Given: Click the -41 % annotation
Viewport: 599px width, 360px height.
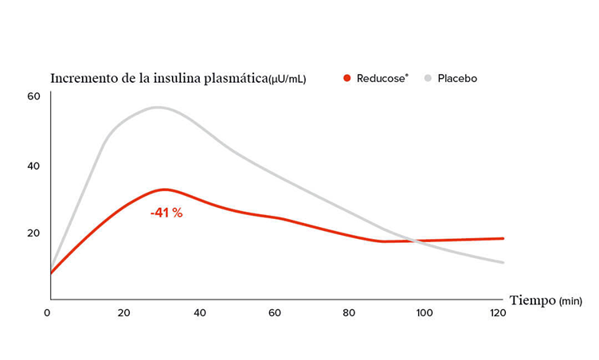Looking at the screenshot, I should point(166,213).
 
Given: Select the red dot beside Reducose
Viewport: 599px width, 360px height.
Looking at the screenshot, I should point(346,78).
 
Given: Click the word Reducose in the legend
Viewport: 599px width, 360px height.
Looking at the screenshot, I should point(380,78).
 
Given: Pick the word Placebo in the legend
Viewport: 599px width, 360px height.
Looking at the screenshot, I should point(457,78).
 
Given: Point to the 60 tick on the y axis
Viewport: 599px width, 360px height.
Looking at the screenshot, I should point(33,96).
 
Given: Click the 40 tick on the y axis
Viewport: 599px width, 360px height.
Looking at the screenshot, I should point(33,166).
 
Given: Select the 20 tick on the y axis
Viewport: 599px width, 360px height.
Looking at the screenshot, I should point(33,233).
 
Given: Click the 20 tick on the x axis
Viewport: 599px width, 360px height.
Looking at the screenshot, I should point(123,313).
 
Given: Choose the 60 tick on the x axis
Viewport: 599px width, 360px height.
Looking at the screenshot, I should point(274,313).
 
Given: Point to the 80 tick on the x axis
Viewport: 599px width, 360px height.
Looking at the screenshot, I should point(349,313).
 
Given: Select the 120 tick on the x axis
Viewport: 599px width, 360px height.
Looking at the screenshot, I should point(498,313).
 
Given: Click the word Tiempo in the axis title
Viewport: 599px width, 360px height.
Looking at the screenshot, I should point(531,300).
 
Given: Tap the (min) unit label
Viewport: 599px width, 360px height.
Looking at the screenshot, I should point(572,301).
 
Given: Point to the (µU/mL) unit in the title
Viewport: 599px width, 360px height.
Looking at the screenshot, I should point(288,80).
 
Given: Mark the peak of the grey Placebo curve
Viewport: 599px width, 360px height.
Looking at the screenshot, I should point(158,107).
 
